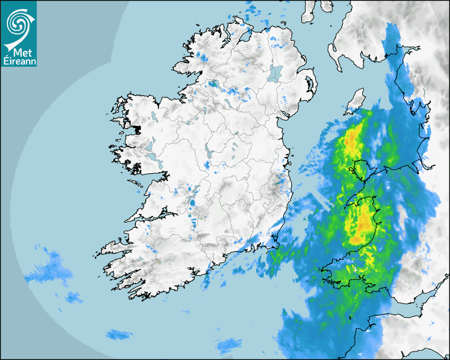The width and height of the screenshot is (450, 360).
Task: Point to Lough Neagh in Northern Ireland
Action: pos(275,73)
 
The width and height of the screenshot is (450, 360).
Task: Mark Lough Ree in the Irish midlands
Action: pos(211,154)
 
